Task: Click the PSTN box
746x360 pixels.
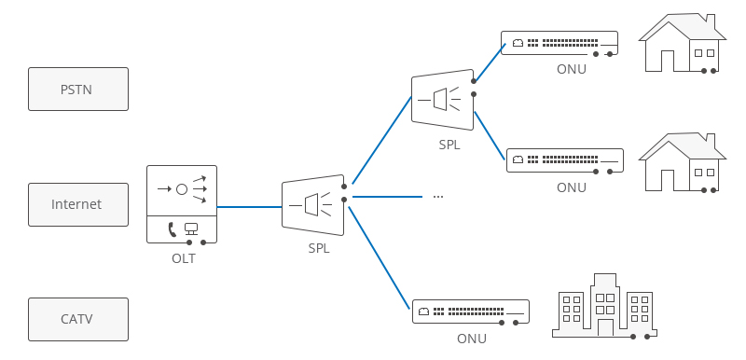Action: point(78,90)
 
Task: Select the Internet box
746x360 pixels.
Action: point(78,204)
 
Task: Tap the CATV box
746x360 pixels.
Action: point(78,319)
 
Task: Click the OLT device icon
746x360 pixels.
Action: point(182,204)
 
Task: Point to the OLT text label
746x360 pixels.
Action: point(183,258)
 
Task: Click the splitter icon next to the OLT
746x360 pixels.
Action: point(313,203)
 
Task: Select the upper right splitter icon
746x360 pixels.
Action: point(443,99)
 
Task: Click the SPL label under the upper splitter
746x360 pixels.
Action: point(449,145)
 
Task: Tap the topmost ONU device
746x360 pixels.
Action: point(559,43)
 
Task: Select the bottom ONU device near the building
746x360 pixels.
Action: point(471,312)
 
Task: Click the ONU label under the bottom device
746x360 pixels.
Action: point(471,339)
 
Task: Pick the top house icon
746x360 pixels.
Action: point(683,43)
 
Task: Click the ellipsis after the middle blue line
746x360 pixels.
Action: point(437,197)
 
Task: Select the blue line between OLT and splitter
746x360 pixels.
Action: point(249,206)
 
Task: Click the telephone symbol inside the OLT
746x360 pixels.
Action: point(172,228)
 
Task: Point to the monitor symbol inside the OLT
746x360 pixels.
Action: point(191,228)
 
